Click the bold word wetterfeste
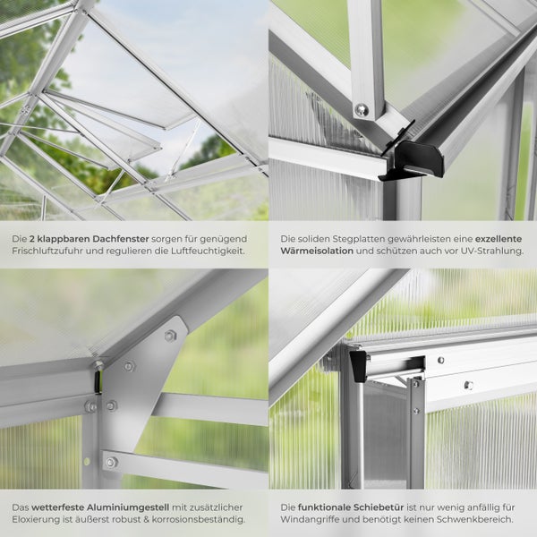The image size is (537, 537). [x=60, y=506]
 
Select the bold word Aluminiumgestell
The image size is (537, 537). [x=131, y=506]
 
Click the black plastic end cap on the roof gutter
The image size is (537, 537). [x=419, y=158]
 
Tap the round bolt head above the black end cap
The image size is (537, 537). [x=362, y=109]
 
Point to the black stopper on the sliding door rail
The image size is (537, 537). [x=359, y=365]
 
